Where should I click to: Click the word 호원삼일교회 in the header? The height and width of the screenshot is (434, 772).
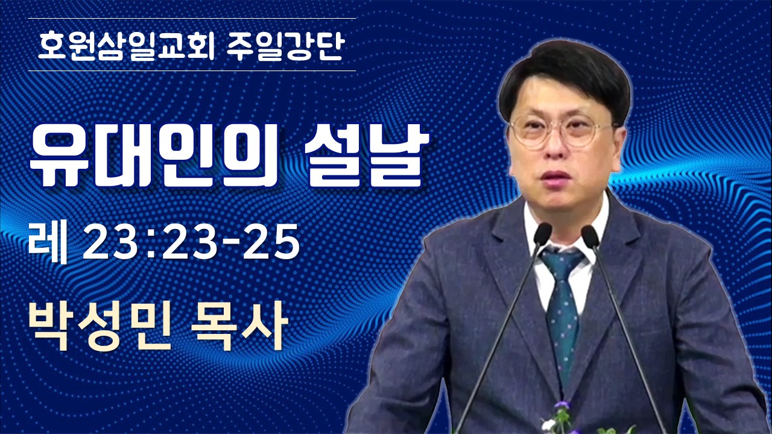click(126, 47)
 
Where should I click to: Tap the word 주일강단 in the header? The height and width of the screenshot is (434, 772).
click(286, 47)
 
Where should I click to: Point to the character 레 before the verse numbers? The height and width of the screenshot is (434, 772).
click(48, 243)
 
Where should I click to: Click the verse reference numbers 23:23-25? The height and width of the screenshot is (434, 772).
click(191, 242)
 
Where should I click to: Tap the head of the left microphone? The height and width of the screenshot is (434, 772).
click(542, 234)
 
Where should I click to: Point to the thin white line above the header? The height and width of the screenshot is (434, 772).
click(192, 18)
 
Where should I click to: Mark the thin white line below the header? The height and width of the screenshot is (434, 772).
click(192, 71)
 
